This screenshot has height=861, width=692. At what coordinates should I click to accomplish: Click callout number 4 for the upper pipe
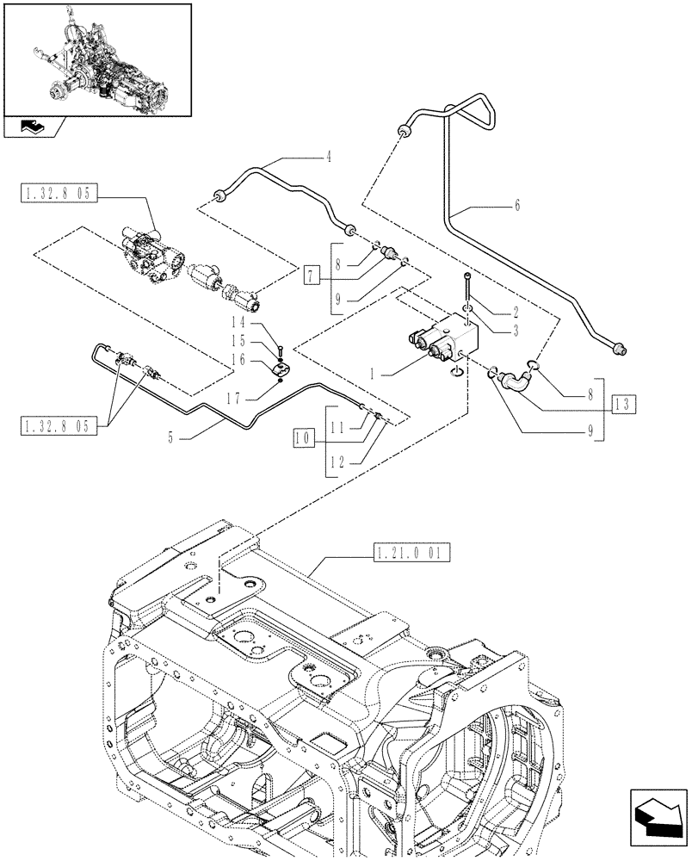[328, 158]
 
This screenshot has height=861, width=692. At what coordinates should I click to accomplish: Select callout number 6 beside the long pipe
[517, 206]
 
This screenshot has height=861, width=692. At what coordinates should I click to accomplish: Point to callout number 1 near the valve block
[373, 375]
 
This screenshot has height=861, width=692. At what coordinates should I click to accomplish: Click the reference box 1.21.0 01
[408, 551]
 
